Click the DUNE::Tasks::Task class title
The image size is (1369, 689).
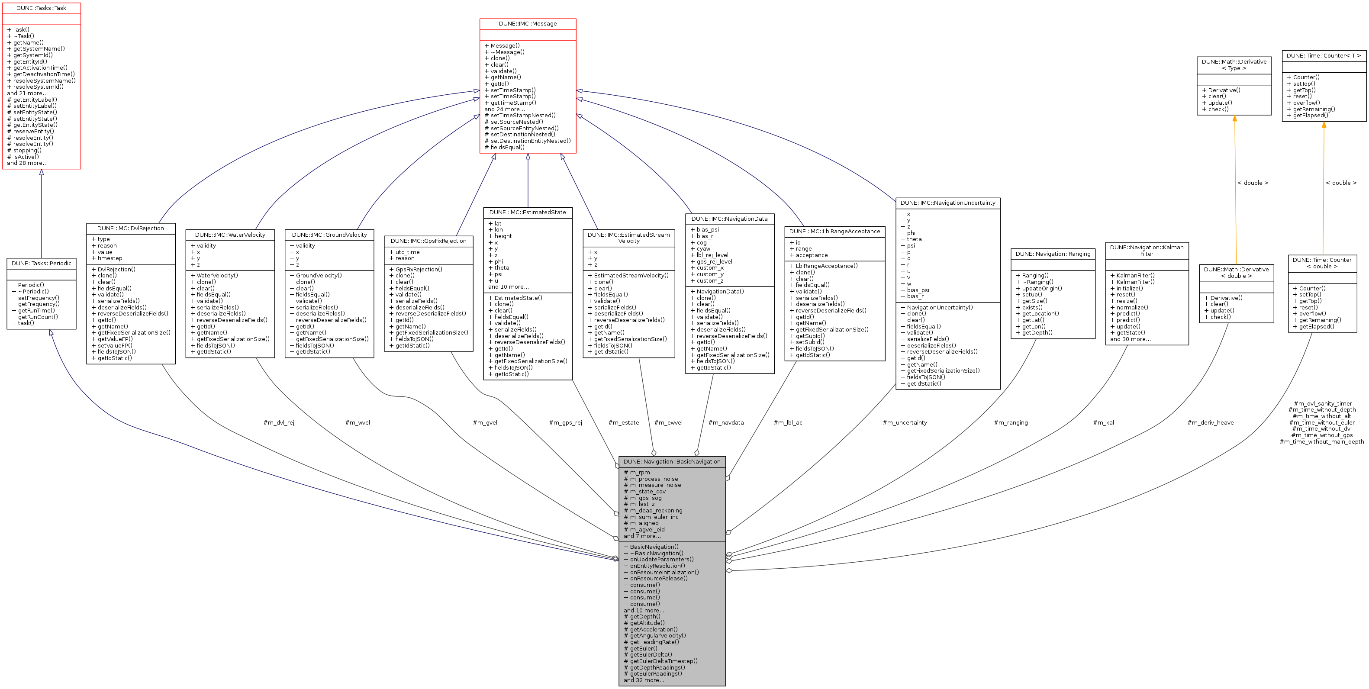(41, 8)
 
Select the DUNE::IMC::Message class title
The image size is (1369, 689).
(527, 24)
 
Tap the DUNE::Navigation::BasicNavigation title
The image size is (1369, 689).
(672, 462)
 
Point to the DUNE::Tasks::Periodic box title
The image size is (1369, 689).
(41, 264)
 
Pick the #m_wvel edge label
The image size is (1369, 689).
(357, 423)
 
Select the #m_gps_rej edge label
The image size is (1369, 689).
(565, 423)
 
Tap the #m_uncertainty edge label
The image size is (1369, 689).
(905, 423)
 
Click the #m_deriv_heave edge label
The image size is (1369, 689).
(1210, 423)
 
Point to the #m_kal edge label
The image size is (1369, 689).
(1103, 423)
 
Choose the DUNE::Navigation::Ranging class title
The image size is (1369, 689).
(1052, 254)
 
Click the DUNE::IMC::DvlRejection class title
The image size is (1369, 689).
(130, 229)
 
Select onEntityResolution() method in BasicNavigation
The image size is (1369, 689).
(657, 566)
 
